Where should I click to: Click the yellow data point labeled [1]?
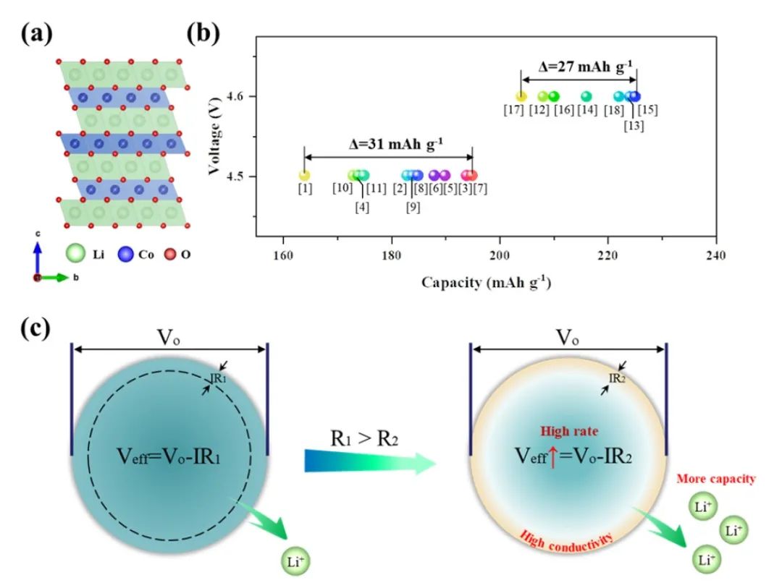point(304,175)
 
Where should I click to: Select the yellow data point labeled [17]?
point(521,96)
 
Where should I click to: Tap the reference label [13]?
point(634,126)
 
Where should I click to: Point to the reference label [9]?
point(412,207)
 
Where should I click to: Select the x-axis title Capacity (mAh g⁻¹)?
point(486,283)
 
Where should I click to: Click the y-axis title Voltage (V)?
point(215,137)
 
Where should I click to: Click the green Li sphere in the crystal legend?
point(75,255)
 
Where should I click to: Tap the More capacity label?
point(716,479)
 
